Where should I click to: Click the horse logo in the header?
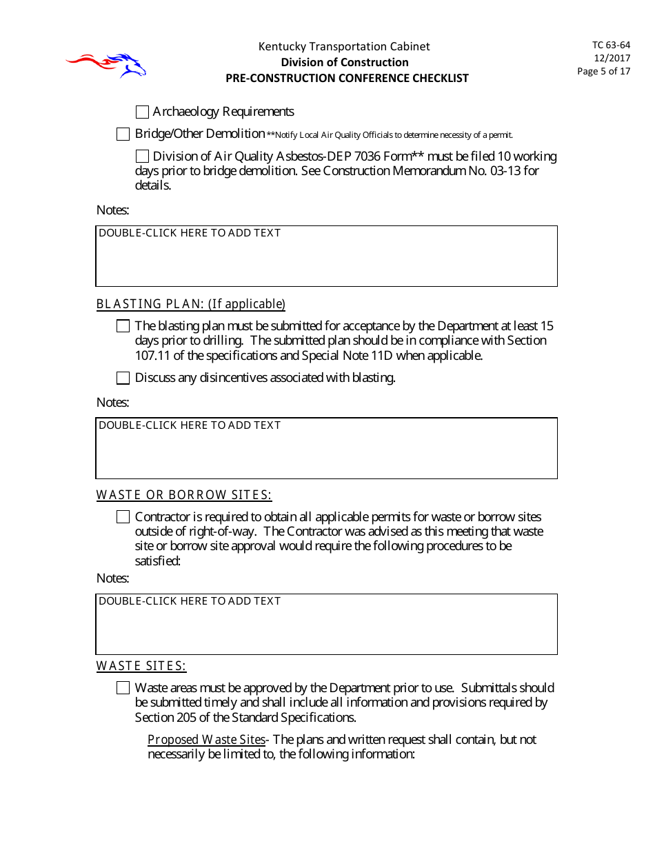[x=107, y=65]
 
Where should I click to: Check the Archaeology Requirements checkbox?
[x=143, y=112]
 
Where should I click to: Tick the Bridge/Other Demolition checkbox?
[x=123, y=134]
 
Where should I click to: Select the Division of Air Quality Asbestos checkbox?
[x=143, y=157]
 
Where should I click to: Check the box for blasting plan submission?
[x=123, y=326]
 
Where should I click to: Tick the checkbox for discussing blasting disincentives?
[x=123, y=378]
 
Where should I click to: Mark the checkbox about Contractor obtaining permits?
[x=123, y=517]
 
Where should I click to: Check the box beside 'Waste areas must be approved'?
[x=123, y=688]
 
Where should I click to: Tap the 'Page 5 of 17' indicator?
[x=603, y=71]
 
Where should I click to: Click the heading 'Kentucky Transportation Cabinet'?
[x=344, y=47]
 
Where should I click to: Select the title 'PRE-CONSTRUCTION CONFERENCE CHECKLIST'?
[x=347, y=78]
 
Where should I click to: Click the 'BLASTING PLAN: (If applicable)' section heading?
[x=190, y=304]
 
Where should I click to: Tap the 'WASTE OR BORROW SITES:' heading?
[x=183, y=495]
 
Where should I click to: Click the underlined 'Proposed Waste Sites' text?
[x=206, y=740]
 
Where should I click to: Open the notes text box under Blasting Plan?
[x=326, y=448]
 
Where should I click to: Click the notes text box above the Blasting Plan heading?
[x=326, y=256]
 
